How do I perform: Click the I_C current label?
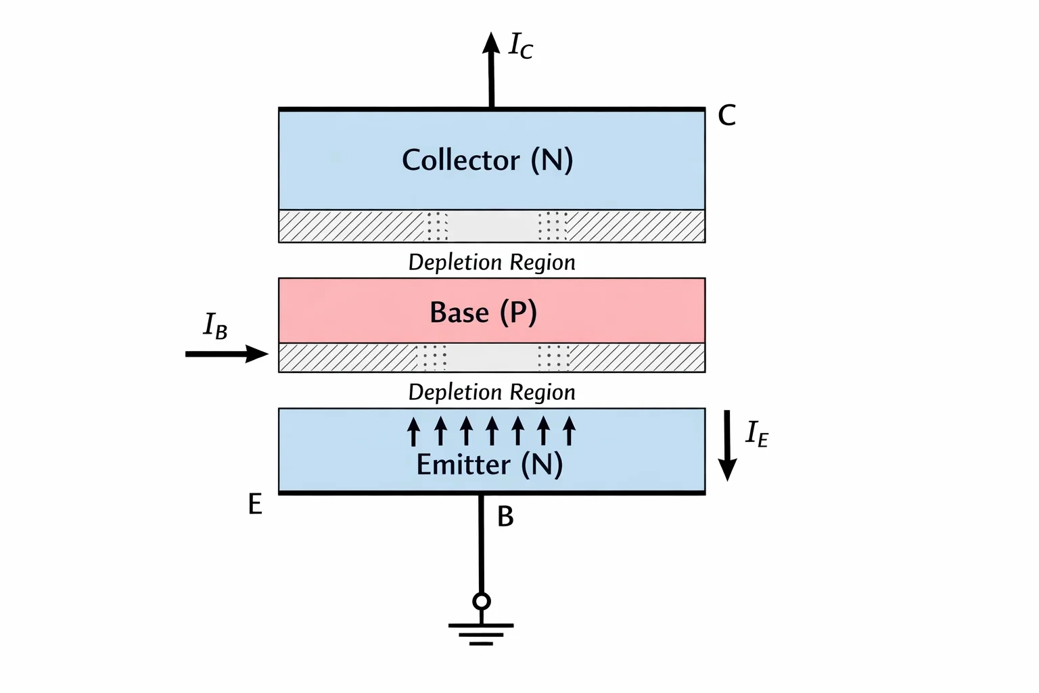click(521, 45)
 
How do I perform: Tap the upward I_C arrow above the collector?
click(491, 70)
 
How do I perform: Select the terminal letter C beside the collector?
click(727, 115)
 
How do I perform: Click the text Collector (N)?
click(488, 160)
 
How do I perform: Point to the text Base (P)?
click(484, 312)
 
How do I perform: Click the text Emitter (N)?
click(490, 465)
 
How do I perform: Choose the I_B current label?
click(216, 326)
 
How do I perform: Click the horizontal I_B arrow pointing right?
click(227, 354)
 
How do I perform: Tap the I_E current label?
click(757, 434)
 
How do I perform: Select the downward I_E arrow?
click(727, 445)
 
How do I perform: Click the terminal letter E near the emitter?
click(255, 504)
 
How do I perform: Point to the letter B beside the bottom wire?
click(505, 516)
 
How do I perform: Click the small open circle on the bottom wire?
click(482, 602)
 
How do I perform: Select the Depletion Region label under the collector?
click(492, 263)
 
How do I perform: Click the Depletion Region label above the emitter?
click(492, 393)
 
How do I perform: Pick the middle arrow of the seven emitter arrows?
click(492, 431)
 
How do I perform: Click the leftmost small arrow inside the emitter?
click(414, 431)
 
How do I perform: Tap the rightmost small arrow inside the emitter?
click(569, 431)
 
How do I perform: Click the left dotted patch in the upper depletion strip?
click(437, 226)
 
